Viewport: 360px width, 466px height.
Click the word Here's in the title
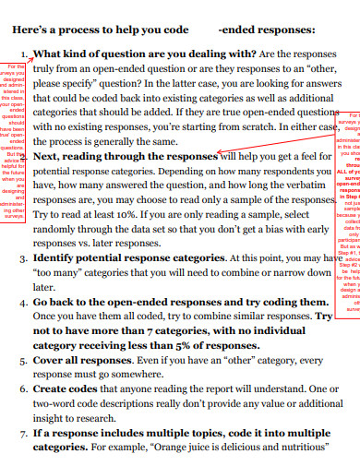tap(33, 29)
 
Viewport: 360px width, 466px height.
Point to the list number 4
tap(22, 302)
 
